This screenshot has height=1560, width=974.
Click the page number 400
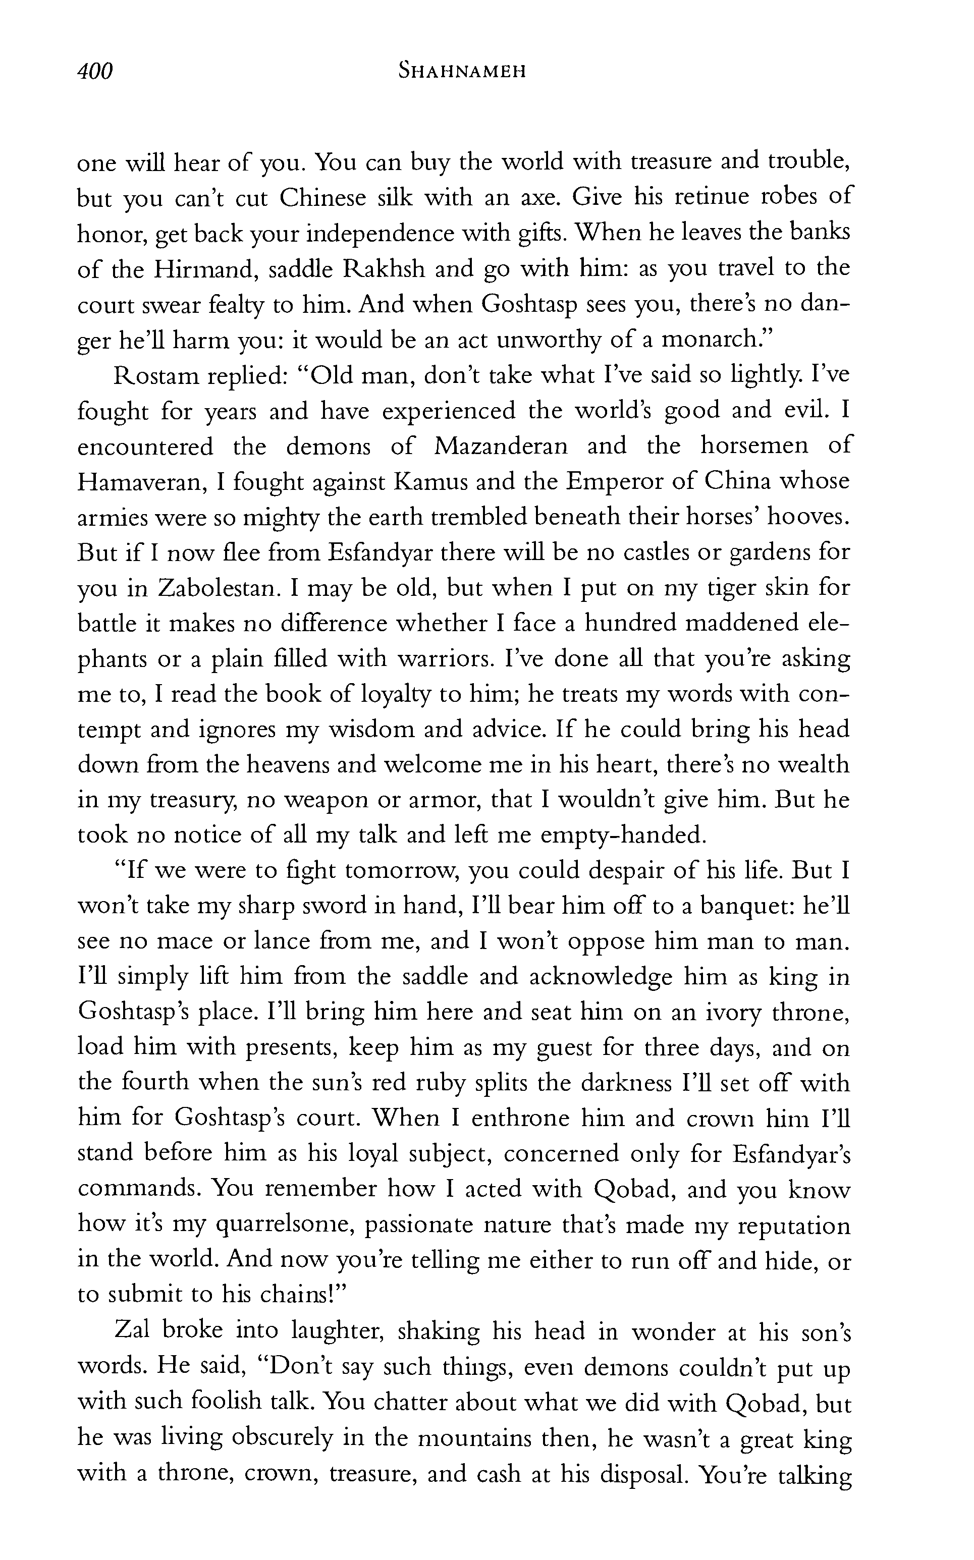pyautogui.click(x=95, y=71)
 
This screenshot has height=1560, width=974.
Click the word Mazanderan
pyautogui.click(x=501, y=446)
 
